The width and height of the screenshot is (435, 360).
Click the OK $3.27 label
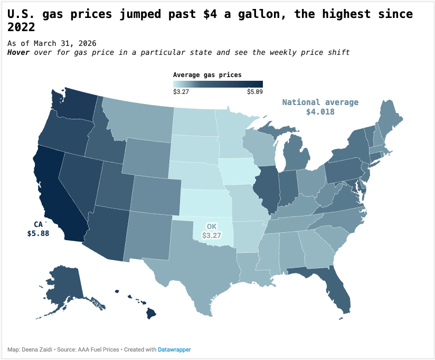click(211, 231)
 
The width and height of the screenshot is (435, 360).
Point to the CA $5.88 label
click(38, 229)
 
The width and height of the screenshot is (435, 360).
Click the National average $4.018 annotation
click(320, 107)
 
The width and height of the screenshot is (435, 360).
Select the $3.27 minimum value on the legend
click(181, 92)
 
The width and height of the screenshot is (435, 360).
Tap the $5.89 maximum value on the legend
click(254, 92)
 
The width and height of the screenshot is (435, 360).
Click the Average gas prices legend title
click(207, 75)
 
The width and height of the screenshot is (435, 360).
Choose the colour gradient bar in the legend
click(218, 84)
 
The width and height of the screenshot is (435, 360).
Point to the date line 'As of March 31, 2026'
click(52, 43)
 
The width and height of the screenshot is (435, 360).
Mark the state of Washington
click(74, 103)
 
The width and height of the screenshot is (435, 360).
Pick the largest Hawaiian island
click(151, 314)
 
